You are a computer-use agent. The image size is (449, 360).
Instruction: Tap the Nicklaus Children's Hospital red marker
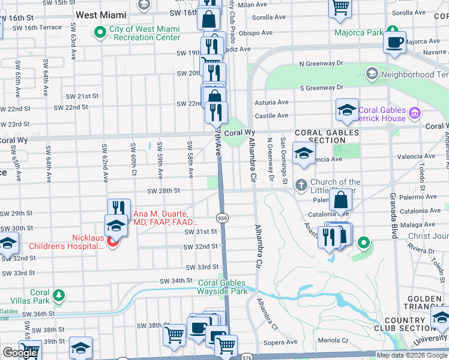113,241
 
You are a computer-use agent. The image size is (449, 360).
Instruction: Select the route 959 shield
222,217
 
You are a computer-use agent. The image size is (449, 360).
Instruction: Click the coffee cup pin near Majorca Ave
395,43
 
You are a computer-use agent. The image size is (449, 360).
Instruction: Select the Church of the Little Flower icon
301,184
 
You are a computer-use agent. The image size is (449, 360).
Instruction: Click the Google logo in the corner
20,353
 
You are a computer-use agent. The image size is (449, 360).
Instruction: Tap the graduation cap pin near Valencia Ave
304,153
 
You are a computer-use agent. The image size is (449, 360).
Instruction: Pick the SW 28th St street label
164,191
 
